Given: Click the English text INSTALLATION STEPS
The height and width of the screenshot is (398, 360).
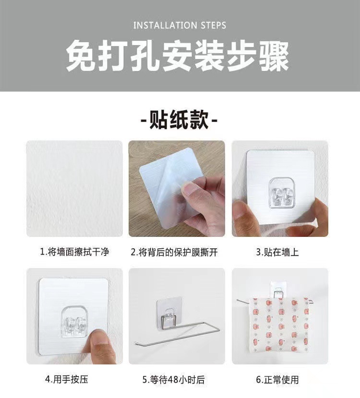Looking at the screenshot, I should [180, 25].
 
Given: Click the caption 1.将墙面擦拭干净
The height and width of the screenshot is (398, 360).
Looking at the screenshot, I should [74, 252].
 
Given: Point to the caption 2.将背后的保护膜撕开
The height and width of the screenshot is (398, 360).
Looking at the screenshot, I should [176, 252].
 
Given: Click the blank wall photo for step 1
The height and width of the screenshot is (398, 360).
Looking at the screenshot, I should [74, 188].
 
